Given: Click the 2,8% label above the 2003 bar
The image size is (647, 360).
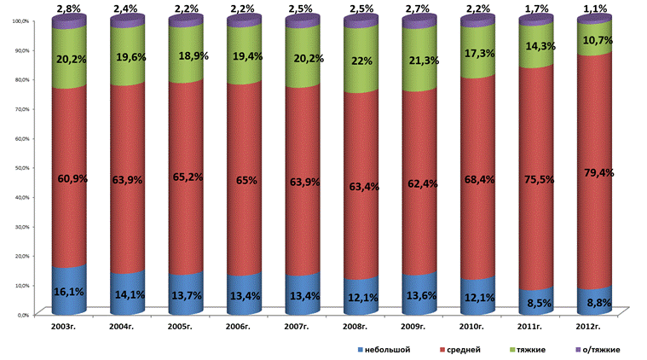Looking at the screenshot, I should pos(68,9).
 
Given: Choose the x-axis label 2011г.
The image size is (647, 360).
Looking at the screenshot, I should pos(535,326).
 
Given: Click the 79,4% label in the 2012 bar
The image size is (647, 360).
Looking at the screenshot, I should pos(597,172).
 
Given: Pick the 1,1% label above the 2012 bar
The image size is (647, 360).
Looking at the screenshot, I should pos(597,9).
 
